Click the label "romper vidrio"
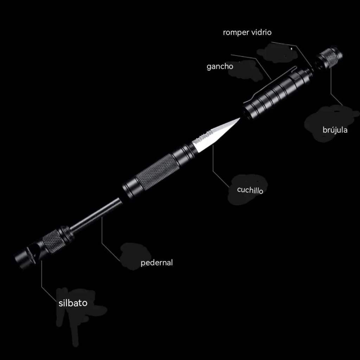click(247, 32)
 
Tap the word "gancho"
click(220, 66)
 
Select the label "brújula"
click(335, 130)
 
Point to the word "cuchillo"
click(250, 190)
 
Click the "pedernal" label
click(156, 262)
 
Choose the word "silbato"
click(73, 303)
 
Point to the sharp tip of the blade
click(240, 118)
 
